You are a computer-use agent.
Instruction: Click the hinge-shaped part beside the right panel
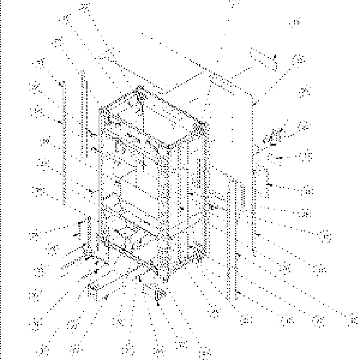[275, 135]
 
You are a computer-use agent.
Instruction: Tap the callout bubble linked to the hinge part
[305, 125]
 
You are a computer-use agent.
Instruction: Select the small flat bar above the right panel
[263, 59]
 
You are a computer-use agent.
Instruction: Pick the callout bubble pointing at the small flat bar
[299, 59]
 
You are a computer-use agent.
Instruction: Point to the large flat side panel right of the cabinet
[229, 112]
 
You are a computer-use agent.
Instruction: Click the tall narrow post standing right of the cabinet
[233, 238]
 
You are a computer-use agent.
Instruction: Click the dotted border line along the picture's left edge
[1, 180]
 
